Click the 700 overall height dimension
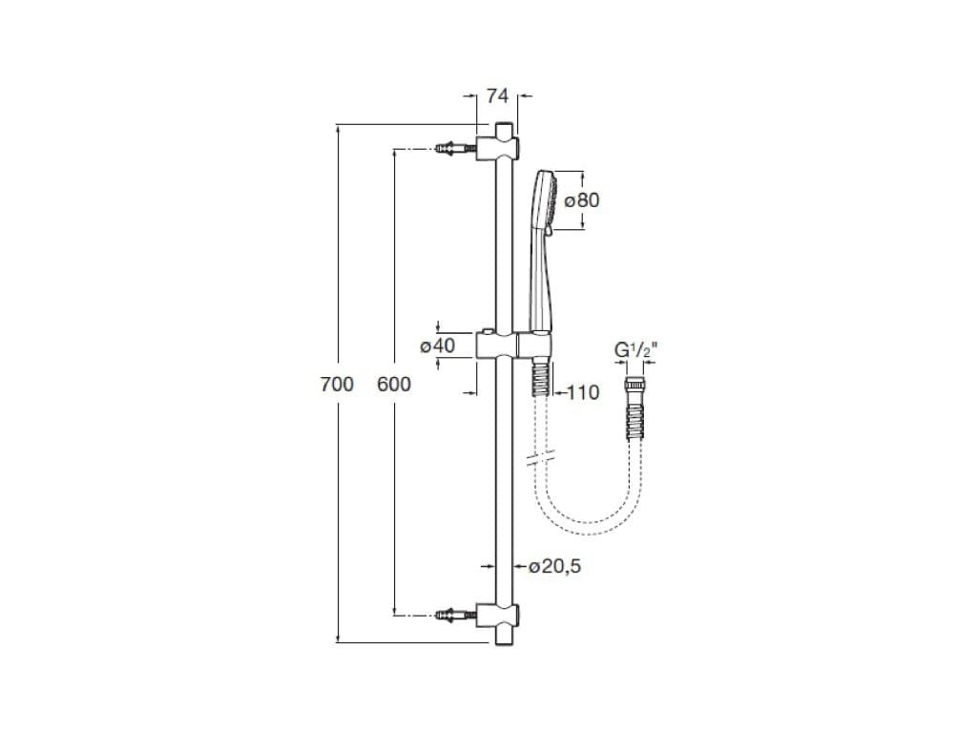point(337,385)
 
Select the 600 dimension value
point(394,385)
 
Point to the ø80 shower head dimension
point(581,200)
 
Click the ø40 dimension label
point(437,346)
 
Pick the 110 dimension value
point(582,391)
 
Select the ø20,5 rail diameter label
point(554,566)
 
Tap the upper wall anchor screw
point(453,149)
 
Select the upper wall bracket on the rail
point(500,148)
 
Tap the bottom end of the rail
point(504,637)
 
